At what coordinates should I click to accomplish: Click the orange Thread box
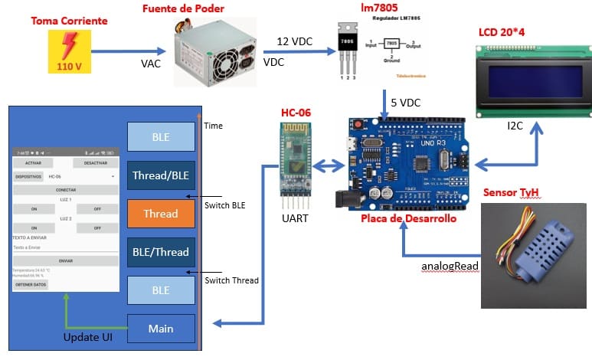coord(161,214)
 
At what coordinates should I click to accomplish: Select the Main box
coord(161,329)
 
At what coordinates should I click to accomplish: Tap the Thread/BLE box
coord(161,175)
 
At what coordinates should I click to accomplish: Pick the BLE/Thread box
coord(161,252)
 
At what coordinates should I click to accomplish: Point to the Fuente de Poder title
coord(183,8)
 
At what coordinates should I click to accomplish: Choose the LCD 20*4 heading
coord(506,32)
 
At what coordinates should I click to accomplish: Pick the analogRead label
coord(450,267)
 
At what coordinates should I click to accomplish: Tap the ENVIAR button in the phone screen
coord(65,260)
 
